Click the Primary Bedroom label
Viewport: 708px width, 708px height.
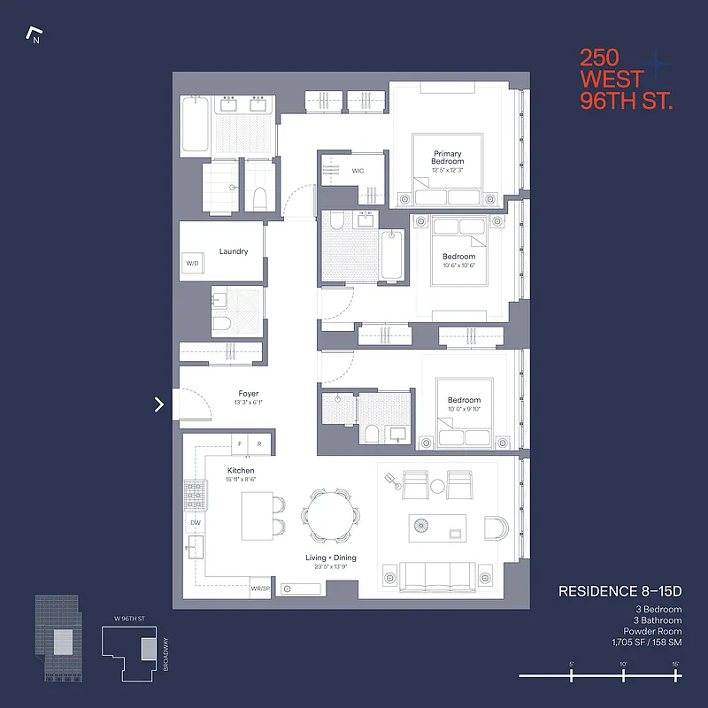tap(447, 158)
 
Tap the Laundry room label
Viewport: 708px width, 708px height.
tap(234, 252)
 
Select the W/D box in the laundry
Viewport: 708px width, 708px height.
tap(192, 265)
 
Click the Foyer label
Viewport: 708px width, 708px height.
tap(249, 394)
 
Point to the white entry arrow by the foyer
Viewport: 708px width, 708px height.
tap(159, 404)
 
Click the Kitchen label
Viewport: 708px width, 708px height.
tap(241, 471)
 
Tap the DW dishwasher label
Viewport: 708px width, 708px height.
tap(196, 523)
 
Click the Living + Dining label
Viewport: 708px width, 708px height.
tap(332, 558)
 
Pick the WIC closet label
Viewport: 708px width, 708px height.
tap(358, 171)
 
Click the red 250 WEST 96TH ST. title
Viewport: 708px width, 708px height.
tap(626, 80)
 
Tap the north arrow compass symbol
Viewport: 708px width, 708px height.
tap(35, 36)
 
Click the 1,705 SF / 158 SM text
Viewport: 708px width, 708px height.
tap(645, 644)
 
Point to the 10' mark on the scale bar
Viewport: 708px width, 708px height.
tap(623, 675)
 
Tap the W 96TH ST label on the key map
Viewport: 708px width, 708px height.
tap(121, 619)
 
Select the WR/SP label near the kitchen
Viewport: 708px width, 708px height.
tap(260, 588)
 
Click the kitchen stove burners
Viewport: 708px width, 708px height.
tap(194, 495)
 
